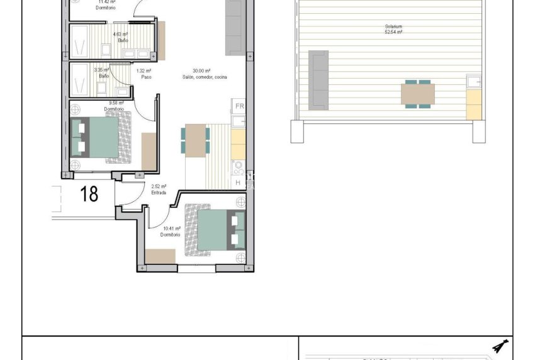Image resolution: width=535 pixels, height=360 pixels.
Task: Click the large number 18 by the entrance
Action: coord(90,194)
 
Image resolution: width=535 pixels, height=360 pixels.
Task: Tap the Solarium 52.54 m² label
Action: coord(394,29)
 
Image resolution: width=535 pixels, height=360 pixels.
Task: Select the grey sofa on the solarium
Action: coord(318,79)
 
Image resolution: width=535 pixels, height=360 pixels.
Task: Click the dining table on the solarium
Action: coord(417,94)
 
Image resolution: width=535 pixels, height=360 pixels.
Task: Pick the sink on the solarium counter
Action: coord(473,82)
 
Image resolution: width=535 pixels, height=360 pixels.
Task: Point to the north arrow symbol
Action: coord(501,346)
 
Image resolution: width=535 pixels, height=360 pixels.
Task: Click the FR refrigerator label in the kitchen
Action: coord(239,106)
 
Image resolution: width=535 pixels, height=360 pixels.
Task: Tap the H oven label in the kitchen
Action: coord(238,183)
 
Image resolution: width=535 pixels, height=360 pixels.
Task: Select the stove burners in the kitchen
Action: coord(238,167)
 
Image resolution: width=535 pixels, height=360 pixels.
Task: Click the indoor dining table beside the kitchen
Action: coord(196,140)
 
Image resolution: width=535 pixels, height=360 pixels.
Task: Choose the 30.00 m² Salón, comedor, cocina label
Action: coord(202,74)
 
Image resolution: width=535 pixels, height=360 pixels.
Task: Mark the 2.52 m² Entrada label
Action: coord(159,189)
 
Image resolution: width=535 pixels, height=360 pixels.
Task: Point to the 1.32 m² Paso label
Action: coord(144,74)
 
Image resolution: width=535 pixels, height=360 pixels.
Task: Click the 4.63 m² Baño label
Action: coord(120,37)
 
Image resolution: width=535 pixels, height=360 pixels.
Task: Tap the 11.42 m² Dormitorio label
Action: coord(106,5)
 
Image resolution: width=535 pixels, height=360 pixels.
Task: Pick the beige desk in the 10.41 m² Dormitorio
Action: coord(160,257)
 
